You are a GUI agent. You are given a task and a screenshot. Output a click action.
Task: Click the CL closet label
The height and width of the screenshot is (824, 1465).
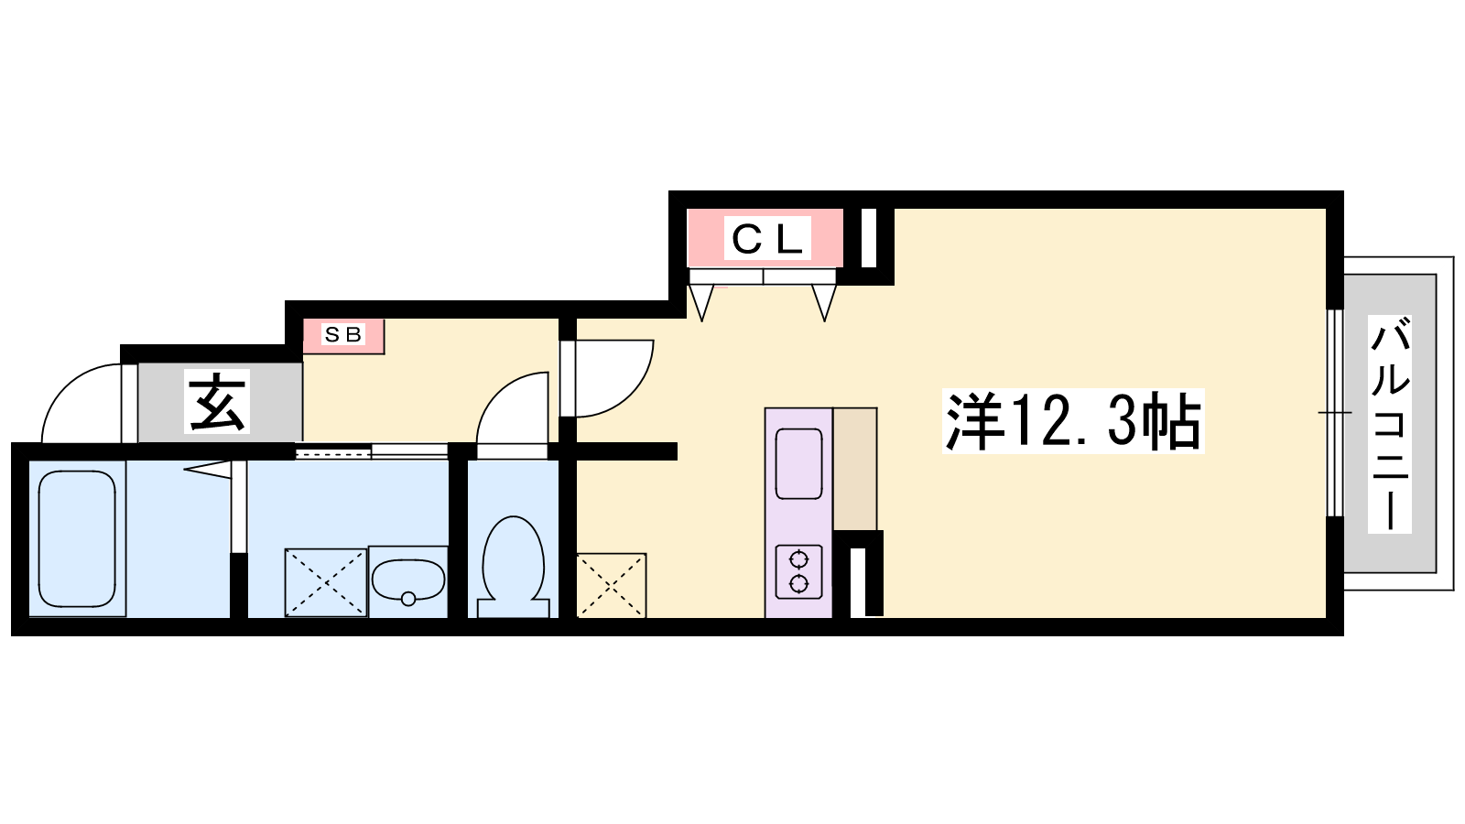coord(767,239)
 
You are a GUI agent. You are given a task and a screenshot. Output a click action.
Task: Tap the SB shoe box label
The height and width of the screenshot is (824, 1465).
coord(343,335)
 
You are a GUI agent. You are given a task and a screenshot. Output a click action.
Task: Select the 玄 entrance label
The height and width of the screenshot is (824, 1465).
coord(216,401)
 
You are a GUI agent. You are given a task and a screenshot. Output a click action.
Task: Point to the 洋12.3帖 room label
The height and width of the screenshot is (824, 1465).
coord(1072,420)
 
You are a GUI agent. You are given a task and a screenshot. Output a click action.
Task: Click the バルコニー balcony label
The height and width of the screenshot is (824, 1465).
coord(1389,424)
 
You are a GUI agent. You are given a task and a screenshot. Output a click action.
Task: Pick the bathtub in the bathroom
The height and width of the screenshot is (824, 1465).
coord(77,539)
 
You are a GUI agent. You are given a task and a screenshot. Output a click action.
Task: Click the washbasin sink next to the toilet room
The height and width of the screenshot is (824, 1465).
coord(408,580)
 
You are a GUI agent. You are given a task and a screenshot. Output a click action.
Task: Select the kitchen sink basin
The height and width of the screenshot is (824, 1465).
coord(798,463)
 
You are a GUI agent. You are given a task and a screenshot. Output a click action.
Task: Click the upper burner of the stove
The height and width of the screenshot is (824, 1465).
coord(798,559)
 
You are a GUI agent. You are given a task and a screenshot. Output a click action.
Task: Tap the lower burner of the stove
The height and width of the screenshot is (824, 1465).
coord(798,583)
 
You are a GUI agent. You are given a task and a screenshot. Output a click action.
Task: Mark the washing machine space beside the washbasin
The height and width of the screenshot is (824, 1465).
coord(326,582)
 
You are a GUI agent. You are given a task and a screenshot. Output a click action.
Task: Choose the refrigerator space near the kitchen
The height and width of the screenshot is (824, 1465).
coord(611,585)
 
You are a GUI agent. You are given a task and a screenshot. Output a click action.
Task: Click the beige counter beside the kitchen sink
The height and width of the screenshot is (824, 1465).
coord(855,469)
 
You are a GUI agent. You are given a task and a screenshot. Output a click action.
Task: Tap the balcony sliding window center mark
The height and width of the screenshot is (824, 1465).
coord(1334,413)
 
